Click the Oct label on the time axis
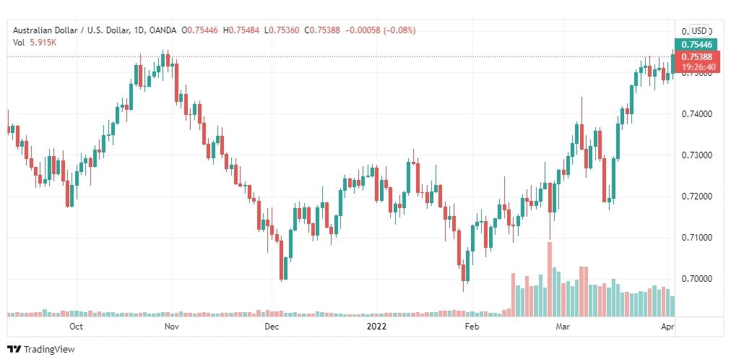76,327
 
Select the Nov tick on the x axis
171,327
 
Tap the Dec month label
272,327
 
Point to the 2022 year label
376,327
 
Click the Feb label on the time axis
472,327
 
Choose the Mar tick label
562,327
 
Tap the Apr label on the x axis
669,327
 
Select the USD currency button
698,31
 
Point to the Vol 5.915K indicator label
35,42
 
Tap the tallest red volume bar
549,278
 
